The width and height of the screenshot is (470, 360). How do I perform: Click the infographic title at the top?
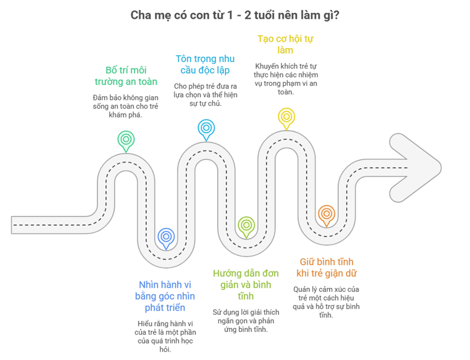coord(234,15)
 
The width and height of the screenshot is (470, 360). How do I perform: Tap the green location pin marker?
coord(125,140)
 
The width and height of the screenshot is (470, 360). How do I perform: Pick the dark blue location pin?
coord(166,236)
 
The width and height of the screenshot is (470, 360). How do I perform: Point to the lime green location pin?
coord(246,225)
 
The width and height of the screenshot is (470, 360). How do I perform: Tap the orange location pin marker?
coord(325,214)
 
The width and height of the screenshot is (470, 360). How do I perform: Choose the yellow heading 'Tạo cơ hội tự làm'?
coord(286,45)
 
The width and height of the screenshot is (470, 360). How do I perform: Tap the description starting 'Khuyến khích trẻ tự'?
coord(286,75)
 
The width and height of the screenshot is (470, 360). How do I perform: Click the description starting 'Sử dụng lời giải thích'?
coord(246,320)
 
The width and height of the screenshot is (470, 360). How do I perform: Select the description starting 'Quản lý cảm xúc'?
coord(327,302)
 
